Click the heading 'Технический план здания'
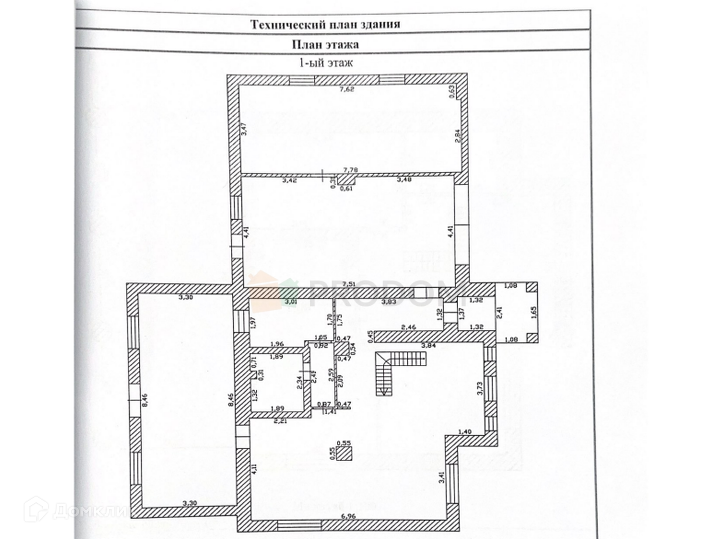click(x=325, y=24)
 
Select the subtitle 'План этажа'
click(x=325, y=44)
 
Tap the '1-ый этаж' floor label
click(x=326, y=63)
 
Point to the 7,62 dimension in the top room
click(x=347, y=90)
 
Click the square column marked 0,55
click(x=344, y=453)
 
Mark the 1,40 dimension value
click(x=465, y=431)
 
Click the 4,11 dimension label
click(x=254, y=468)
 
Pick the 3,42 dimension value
click(x=290, y=180)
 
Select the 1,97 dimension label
click(x=253, y=323)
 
